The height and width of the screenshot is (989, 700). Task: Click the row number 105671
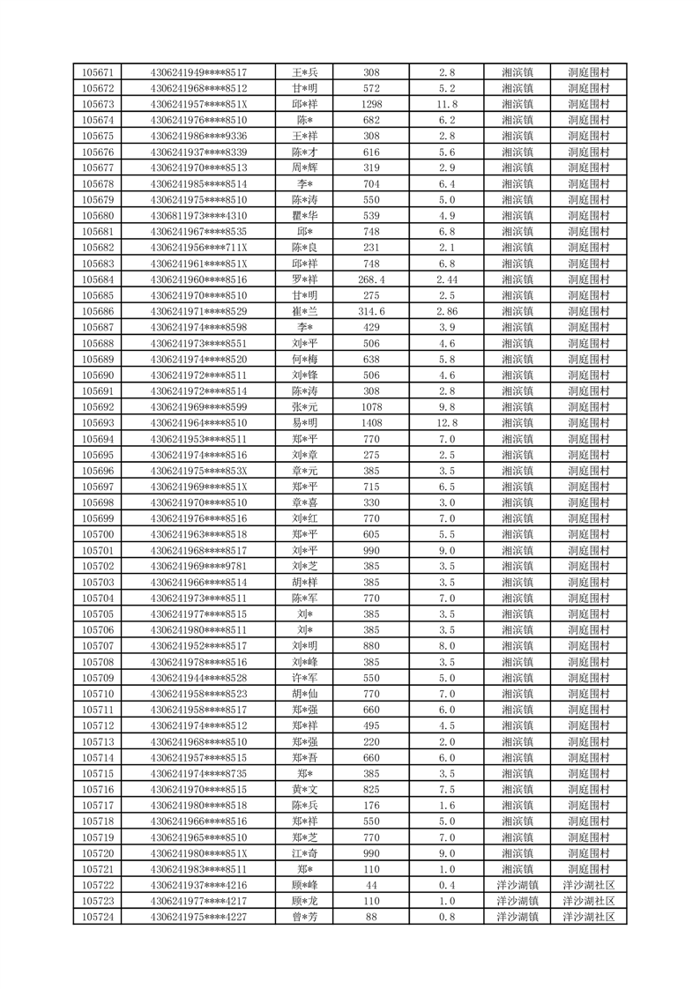97,72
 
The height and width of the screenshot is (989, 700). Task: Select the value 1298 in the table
371,104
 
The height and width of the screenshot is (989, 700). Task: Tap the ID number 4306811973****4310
198,215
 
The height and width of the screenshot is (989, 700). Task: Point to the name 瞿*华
305,215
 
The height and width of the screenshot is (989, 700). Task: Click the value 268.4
371,279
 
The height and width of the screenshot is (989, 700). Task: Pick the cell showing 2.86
446,311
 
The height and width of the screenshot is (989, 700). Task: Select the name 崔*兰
305,311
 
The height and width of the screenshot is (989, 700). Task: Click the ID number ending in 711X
198,247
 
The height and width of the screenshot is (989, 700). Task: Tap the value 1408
371,422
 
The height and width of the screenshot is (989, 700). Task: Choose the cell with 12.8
446,422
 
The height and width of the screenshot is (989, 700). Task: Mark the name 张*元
305,406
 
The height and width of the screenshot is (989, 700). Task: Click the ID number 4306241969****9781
198,566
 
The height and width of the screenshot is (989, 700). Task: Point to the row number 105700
97,534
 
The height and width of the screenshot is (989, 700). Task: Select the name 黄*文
305,789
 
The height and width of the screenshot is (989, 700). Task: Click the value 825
371,789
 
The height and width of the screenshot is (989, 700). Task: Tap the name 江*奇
305,852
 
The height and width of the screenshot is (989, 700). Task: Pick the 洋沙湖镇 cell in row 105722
517,884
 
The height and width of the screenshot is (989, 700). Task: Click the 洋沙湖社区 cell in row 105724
589,916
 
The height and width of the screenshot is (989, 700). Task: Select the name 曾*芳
305,916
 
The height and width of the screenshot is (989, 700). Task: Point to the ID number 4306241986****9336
198,136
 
